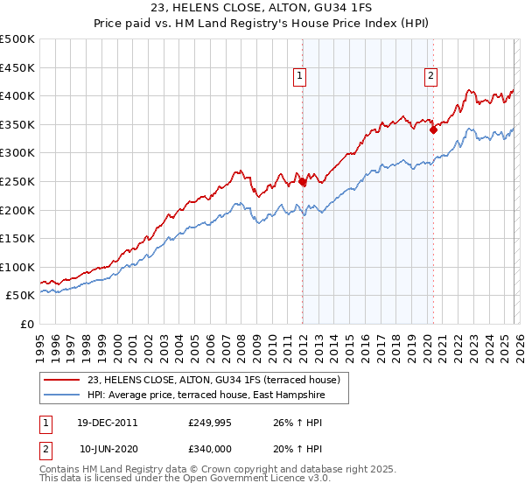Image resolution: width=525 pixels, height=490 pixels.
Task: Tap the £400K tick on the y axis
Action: pos(17,95)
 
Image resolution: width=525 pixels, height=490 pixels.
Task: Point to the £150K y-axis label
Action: pos(17,238)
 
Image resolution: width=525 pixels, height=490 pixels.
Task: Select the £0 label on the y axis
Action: pos(26,324)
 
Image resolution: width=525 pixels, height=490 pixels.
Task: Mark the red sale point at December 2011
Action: pos(303,182)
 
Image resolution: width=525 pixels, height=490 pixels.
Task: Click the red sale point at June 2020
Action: pos(433,130)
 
